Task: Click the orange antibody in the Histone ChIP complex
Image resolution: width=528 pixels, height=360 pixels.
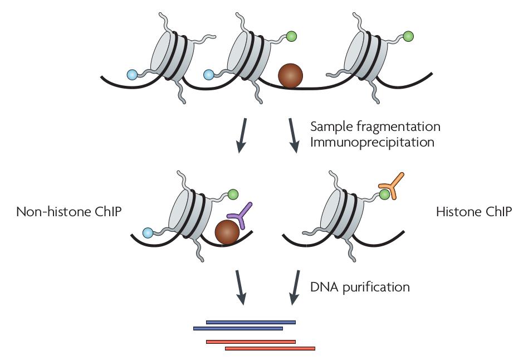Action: (392, 186)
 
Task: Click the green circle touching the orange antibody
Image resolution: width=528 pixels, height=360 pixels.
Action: (385, 194)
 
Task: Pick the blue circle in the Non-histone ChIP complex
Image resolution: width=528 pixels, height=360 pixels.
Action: (148, 232)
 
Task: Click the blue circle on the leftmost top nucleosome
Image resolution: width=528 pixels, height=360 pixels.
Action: (132, 74)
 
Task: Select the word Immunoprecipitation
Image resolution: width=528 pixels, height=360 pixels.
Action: (372, 142)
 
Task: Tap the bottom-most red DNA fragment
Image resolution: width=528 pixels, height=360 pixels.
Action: (270, 349)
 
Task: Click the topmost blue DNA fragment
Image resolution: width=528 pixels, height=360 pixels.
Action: (251, 322)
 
